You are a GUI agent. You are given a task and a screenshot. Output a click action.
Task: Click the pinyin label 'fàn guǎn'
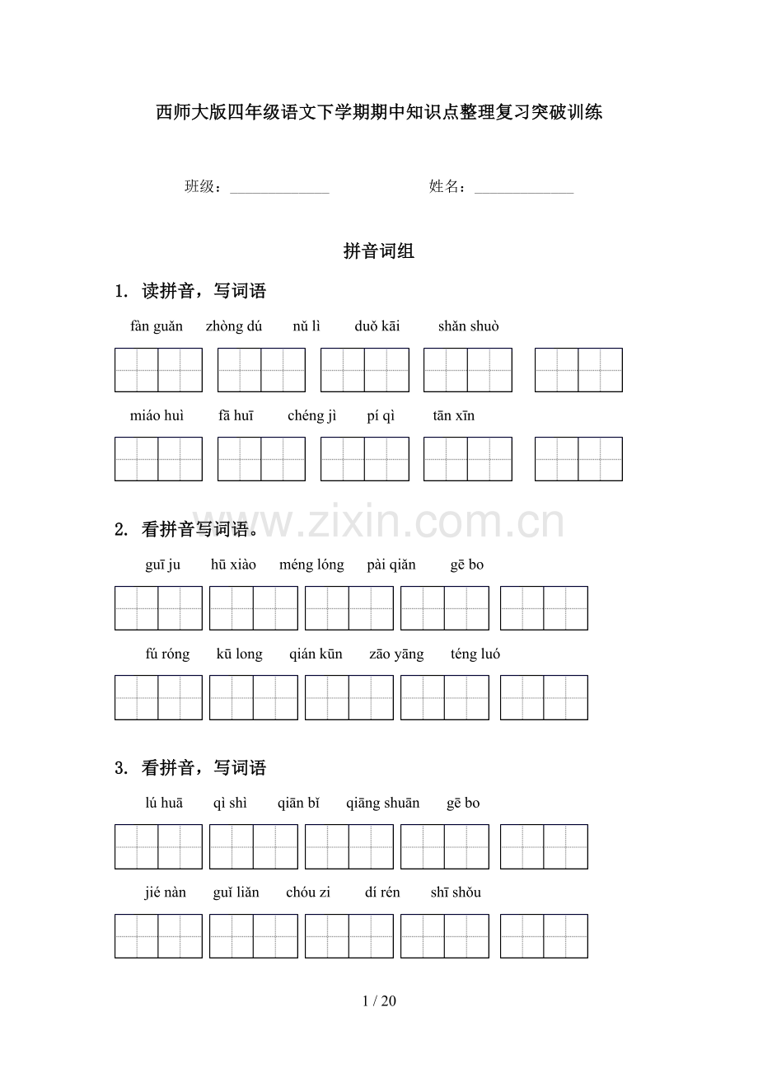click(x=157, y=326)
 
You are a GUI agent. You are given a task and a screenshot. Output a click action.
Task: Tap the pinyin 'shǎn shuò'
click(x=468, y=326)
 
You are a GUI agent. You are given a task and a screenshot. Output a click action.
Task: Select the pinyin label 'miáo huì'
click(x=157, y=416)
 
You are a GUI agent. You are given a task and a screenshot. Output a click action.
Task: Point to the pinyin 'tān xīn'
click(x=453, y=416)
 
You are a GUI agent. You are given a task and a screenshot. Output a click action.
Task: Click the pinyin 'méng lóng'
click(x=311, y=565)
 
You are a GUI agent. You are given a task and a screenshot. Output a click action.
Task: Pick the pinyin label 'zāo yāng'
click(x=396, y=654)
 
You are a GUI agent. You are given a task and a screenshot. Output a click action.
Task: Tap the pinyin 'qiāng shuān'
click(x=382, y=804)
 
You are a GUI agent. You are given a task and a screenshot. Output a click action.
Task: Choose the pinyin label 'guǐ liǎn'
click(x=236, y=893)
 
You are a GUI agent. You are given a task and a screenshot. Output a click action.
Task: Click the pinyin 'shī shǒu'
click(x=456, y=893)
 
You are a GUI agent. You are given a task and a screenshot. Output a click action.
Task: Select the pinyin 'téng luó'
click(x=475, y=654)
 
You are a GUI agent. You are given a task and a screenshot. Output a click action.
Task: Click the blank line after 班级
click(x=279, y=189)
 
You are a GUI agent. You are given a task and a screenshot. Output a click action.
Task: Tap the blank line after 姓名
click(x=524, y=189)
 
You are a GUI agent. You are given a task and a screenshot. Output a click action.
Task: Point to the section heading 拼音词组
click(x=379, y=251)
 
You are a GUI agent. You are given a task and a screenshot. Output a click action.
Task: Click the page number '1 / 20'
click(x=379, y=1001)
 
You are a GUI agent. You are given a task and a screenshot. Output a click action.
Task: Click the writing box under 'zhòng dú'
click(x=261, y=370)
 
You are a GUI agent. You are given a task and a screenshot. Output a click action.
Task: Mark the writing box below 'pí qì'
click(x=364, y=459)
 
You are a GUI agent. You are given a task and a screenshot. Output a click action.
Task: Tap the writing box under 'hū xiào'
click(x=253, y=608)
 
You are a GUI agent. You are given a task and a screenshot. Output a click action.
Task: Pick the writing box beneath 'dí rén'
click(x=444, y=936)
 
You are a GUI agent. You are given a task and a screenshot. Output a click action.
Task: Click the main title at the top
click(x=379, y=112)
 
